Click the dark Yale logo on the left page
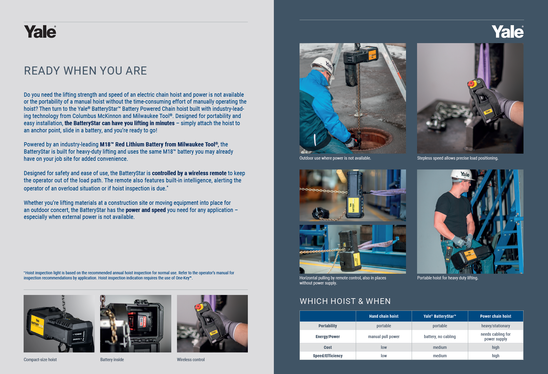click(x=40, y=31)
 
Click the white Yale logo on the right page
click(x=508, y=31)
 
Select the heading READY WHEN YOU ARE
click(x=86, y=71)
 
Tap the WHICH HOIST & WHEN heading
click(x=345, y=301)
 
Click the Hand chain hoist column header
click(x=384, y=316)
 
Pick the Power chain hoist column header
click(x=495, y=316)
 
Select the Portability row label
click(x=328, y=326)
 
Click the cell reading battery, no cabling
click(x=440, y=337)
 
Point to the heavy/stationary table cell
click(x=495, y=326)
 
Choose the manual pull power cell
click(x=384, y=337)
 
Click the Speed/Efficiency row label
click(x=328, y=356)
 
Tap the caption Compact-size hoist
click(x=40, y=360)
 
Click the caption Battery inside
click(x=112, y=360)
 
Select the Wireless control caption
click(x=191, y=360)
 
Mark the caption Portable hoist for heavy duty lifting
click(x=448, y=278)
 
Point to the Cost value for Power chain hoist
click(x=495, y=347)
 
